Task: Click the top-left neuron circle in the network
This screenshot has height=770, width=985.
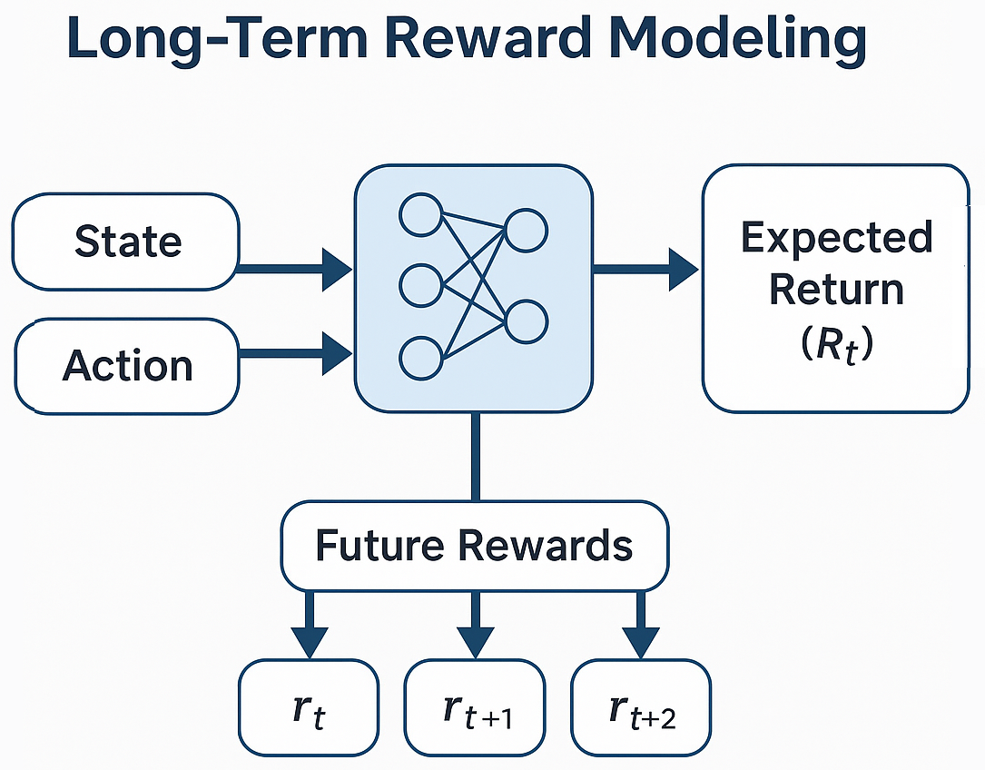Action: pos(420,215)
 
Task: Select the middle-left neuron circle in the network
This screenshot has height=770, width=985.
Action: pos(420,285)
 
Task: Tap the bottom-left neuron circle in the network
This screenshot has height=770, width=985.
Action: pos(420,357)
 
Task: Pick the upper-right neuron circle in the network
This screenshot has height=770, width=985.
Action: pos(526,230)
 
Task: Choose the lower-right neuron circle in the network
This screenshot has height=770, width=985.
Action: pos(526,321)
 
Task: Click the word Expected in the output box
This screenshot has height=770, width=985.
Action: pos(836,238)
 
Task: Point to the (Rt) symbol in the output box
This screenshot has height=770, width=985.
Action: pos(836,345)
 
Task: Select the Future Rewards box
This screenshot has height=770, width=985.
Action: pos(474,546)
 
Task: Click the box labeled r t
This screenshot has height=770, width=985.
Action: pos(309,708)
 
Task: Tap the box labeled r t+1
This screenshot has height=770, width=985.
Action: pos(474,708)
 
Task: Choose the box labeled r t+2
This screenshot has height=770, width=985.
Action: pos(641,708)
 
